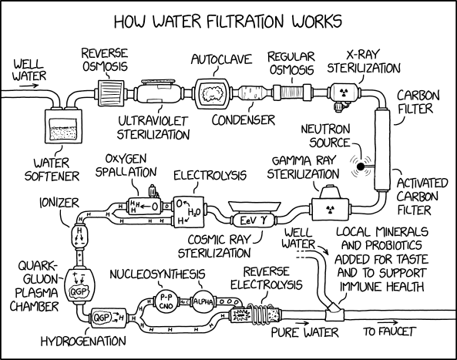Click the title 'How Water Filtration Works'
coord(228,17)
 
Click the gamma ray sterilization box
coord(331,208)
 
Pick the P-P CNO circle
coord(164,302)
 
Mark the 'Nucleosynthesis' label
coord(156,274)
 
